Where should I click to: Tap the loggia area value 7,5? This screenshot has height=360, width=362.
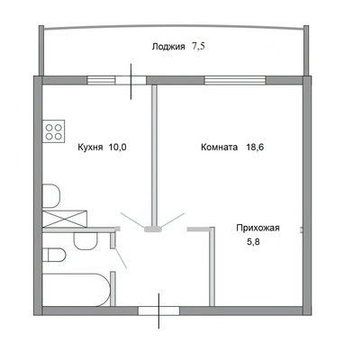(198, 47)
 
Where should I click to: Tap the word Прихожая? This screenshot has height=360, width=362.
(258, 229)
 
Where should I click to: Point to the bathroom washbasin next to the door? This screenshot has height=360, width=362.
(86, 241)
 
